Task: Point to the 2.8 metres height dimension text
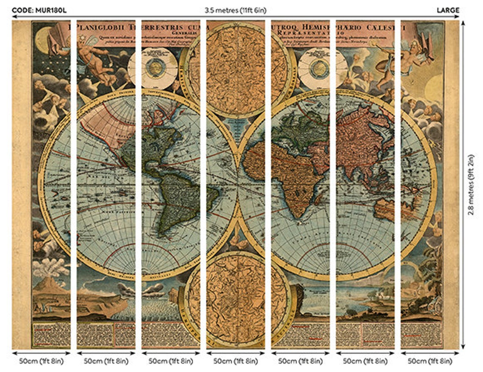pos(472,185)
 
